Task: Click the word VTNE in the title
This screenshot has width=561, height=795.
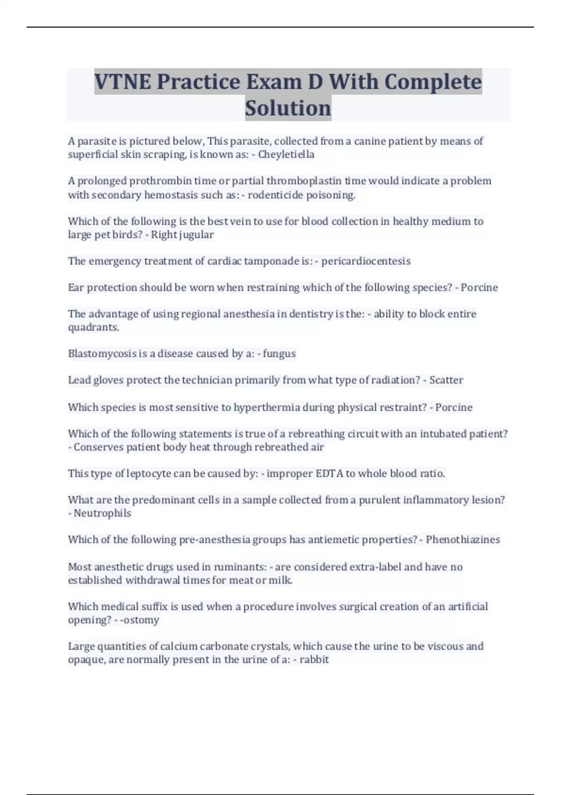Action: click(x=122, y=82)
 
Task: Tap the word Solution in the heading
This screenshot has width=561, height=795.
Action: click(x=288, y=108)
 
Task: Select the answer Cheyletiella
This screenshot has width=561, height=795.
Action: click(x=286, y=154)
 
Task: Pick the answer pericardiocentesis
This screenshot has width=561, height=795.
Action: click(x=366, y=261)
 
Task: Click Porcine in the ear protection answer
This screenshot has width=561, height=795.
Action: click(x=479, y=287)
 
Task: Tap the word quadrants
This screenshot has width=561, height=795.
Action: click(x=93, y=327)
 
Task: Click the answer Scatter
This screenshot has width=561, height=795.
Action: click(x=446, y=380)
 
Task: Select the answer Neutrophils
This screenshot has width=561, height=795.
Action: click(x=102, y=513)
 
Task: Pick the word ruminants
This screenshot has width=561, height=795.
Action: click(x=240, y=567)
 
